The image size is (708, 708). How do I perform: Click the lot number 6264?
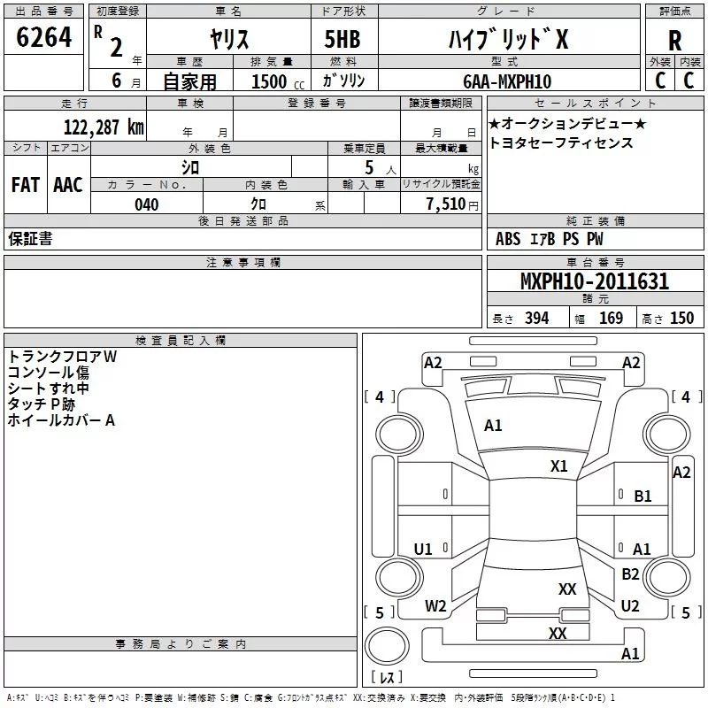coord(43,37)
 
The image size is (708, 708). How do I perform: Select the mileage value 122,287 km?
coord(104,127)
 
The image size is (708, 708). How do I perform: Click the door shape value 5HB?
coord(342,39)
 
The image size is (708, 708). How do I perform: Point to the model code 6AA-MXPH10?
coord(507,81)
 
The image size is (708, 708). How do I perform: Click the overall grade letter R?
coord(674,41)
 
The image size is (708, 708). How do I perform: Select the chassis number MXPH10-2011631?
coord(595,281)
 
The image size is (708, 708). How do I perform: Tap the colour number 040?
coord(147,204)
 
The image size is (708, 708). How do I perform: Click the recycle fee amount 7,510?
coord(446,204)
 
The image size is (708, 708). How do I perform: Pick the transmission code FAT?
coord(26,185)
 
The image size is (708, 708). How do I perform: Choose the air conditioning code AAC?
coord(68,185)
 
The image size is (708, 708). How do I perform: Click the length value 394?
coord(537,319)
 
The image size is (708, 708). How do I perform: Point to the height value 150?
coord(681,319)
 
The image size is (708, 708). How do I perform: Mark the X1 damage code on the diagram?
coord(558,466)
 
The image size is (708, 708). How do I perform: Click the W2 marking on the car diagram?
coord(435,606)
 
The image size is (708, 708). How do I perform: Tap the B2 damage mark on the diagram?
coord(630,573)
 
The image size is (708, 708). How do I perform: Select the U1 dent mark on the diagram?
coord(423,549)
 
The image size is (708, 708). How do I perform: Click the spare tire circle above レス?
coord(387,646)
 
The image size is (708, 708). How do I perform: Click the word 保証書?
coord(30,239)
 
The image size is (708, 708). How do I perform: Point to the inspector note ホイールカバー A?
coord(61,420)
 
